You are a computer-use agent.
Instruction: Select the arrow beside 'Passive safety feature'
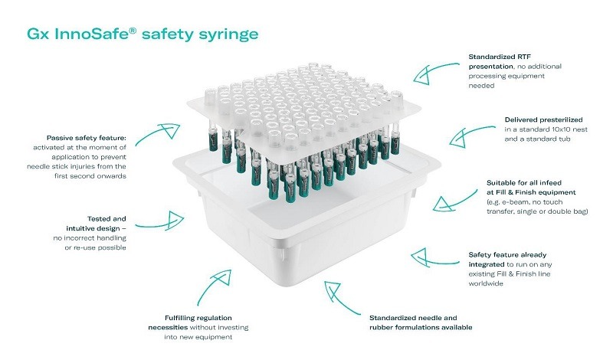(157, 134)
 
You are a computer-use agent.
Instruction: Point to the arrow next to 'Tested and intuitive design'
(159, 221)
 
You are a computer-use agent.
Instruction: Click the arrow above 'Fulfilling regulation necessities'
(214, 286)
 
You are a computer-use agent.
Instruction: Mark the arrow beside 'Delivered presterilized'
(472, 136)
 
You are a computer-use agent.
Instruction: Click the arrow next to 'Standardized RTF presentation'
(436, 73)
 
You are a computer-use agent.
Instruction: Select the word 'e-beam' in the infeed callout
(509, 202)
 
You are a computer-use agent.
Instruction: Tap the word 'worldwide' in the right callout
(486, 283)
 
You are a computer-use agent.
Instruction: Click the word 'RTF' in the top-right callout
(524, 57)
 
